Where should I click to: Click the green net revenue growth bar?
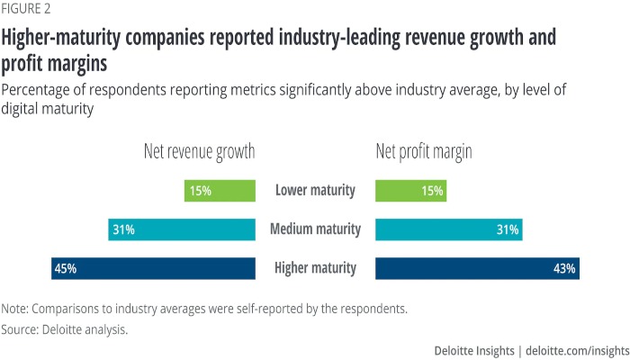pos(220,191)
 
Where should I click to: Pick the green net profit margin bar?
pos(410,191)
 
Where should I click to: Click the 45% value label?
pos(66,268)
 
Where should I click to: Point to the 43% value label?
pos(565,268)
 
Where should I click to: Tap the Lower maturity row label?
pos(315,191)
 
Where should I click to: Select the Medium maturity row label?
pos(315,229)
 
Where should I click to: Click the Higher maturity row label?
pos(315,268)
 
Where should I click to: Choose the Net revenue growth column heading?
pos(199,152)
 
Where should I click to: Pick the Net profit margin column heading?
pos(424,152)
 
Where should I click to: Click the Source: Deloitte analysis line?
pos(65,329)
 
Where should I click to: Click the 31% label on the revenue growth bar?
pos(123,229)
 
